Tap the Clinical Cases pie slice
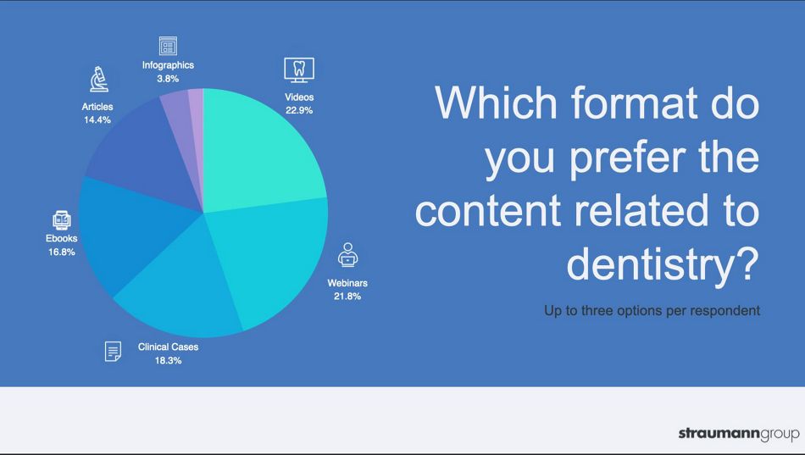pyautogui.click(x=180, y=287)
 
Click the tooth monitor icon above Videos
pyautogui.click(x=299, y=69)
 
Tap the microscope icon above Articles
pyautogui.click(x=98, y=79)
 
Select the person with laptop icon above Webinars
pyautogui.click(x=347, y=255)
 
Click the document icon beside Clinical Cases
pyautogui.click(x=113, y=352)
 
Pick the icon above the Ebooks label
pyautogui.click(x=62, y=220)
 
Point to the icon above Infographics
pyautogui.click(x=168, y=46)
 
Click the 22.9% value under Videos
pyautogui.click(x=299, y=110)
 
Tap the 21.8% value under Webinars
pyautogui.click(x=347, y=297)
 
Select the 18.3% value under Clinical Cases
pyautogui.click(x=169, y=360)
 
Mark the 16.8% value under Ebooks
pyautogui.click(x=62, y=252)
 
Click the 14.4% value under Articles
pyautogui.click(x=97, y=119)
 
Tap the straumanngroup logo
pyautogui.click(x=739, y=434)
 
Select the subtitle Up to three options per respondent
pyautogui.click(x=652, y=311)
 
